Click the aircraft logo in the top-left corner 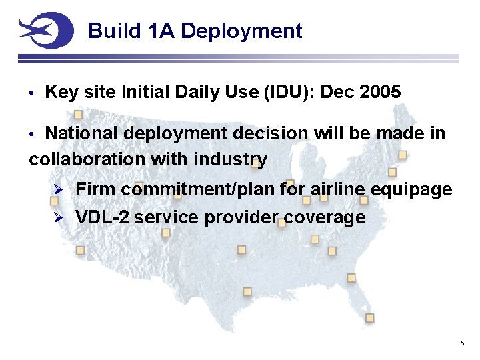point(45,30)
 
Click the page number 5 point(462,343)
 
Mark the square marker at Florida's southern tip point(369,318)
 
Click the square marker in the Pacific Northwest point(78,114)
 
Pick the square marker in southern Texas point(247,292)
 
